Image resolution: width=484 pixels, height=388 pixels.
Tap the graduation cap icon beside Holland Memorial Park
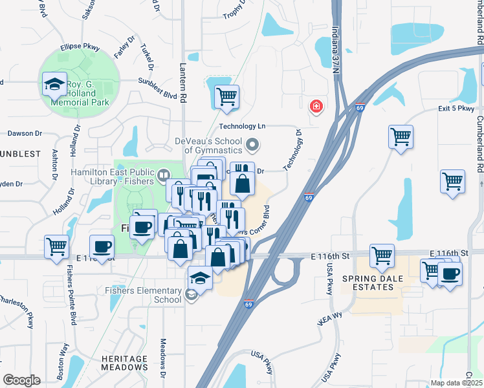54,85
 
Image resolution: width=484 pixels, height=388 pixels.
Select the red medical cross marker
316,105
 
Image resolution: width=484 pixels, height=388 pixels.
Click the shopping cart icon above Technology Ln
226,97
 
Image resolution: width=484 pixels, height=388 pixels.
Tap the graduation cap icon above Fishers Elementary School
201,279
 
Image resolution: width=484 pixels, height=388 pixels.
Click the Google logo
21,380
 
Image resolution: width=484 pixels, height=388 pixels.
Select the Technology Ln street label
243,127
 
